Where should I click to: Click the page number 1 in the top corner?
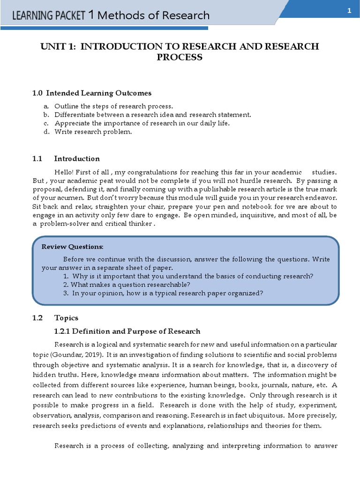click(349, 11)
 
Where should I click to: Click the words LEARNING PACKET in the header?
click(49, 16)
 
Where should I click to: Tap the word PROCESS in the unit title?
click(180, 57)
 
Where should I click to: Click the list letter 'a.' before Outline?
click(46, 106)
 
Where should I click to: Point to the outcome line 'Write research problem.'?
click(93, 132)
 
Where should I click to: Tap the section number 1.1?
click(37, 158)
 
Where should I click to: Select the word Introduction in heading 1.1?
click(77, 158)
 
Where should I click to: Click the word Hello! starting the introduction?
click(65, 172)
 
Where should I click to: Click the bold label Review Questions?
click(73, 247)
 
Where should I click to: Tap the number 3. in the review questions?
click(66, 293)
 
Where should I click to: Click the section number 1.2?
click(37, 318)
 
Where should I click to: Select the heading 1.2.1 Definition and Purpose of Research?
click(127, 331)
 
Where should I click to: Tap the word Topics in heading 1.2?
click(66, 318)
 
